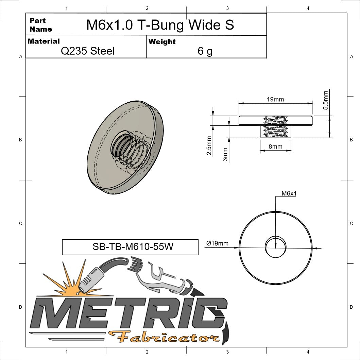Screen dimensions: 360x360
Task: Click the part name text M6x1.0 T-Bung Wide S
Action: click(160, 25)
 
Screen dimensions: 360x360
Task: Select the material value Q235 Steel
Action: click(87, 51)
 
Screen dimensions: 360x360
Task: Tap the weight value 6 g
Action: click(205, 51)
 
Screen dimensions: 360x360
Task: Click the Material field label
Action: click(44, 41)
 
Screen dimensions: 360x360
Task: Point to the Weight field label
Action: click(162, 42)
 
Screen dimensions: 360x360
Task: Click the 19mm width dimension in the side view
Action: click(275, 99)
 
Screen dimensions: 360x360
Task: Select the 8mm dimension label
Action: click(275, 147)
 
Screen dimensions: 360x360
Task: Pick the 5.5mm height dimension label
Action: click(326, 100)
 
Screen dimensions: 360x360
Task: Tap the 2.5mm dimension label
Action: click(209, 145)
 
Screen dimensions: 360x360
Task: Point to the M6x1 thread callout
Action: click(289, 193)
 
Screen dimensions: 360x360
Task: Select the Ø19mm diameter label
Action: click(217, 243)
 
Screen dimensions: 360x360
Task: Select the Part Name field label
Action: click(40, 25)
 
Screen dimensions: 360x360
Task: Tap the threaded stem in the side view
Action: click(275, 131)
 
